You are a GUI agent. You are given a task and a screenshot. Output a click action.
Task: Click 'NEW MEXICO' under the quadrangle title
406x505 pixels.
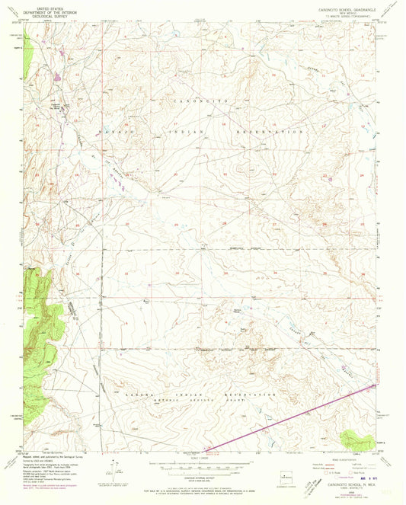(x=335, y=13)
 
